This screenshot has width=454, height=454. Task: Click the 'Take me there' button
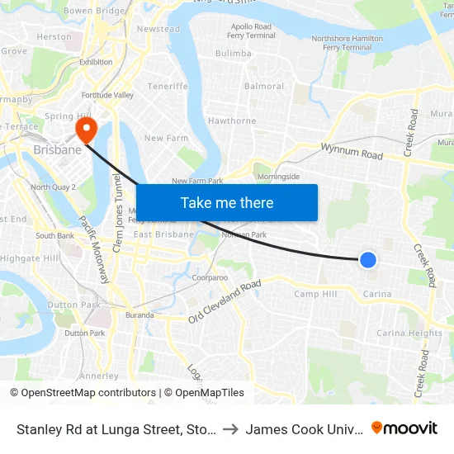click(x=227, y=202)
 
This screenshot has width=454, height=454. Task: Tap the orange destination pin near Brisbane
click(x=86, y=129)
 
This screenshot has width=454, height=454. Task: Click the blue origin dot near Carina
click(x=368, y=260)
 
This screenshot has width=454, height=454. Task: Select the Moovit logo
click(x=404, y=428)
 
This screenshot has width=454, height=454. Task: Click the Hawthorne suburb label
click(x=232, y=121)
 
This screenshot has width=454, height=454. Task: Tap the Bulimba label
click(x=233, y=54)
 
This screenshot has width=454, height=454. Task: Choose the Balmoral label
click(x=264, y=86)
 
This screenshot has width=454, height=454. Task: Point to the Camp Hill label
click(x=316, y=294)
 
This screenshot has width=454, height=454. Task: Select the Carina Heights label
click(x=409, y=333)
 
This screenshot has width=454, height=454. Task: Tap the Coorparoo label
click(x=210, y=278)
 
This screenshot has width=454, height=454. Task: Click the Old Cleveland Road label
click(x=225, y=302)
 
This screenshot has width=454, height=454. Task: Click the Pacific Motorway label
click(x=94, y=248)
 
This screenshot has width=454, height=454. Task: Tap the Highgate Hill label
click(x=30, y=258)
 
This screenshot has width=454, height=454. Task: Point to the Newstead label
click(x=158, y=29)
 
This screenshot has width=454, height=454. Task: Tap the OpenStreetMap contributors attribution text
click(x=83, y=393)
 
